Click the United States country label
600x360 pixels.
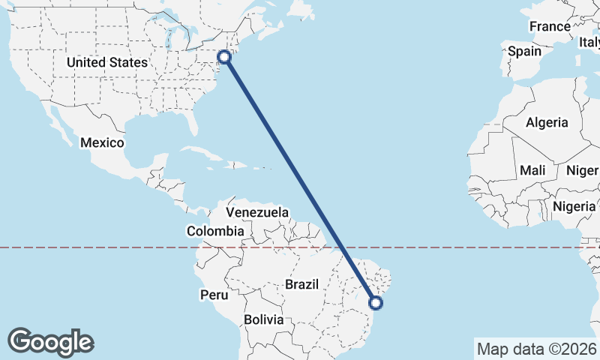pos(106,62)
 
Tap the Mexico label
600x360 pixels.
pos(102,142)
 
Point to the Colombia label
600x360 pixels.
pos(215,231)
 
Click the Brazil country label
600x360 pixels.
pos(302,284)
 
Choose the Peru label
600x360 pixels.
pos(213,295)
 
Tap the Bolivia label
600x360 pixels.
pos(263,319)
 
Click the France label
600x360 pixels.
pos(550,26)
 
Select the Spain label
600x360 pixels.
pos(524,51)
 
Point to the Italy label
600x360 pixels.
pos(589,43)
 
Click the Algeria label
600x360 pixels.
pos(547,122)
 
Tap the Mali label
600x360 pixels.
pos(532,170)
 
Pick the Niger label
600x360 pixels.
pos(582,170)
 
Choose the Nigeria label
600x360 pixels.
pos(574,205)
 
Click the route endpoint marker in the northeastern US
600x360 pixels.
pos(224,55)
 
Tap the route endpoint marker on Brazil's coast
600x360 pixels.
pos(376,303)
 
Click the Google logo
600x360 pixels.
pos(50,341)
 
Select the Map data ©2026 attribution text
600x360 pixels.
pos(536,349)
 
